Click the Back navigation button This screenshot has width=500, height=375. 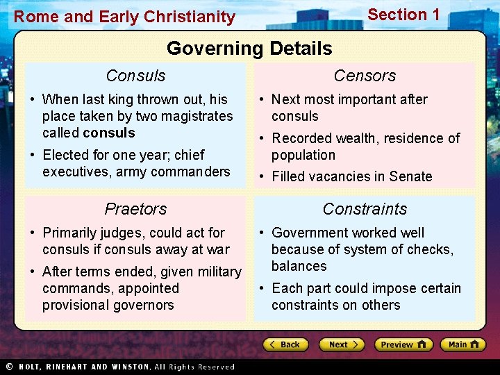point(285,344)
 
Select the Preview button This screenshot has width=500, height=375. point(403,344)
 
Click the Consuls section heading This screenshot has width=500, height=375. point(135,76)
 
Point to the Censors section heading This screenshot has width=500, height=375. point(365,76)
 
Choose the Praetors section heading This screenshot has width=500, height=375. point(135,209)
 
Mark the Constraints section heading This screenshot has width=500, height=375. point(365,209)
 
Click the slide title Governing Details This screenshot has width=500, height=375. point(249,49)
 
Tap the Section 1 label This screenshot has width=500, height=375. point(403,15)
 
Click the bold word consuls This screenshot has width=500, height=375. point(108,133)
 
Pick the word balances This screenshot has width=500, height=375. point(299,266)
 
